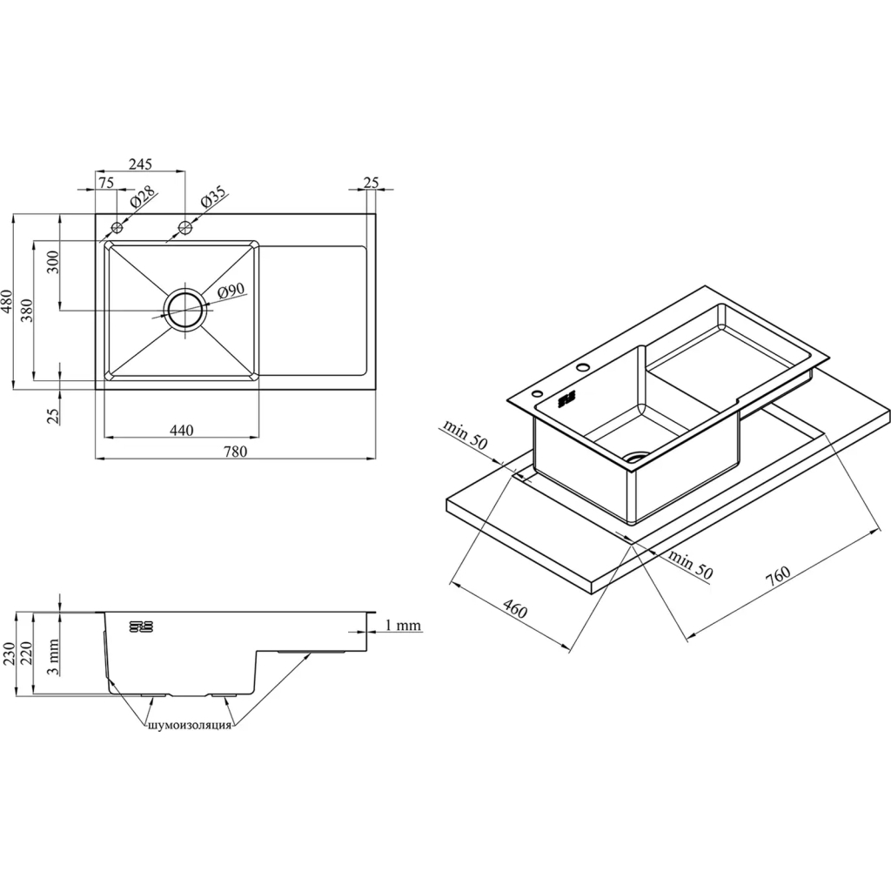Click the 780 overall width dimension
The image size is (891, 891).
(x=235, y=452)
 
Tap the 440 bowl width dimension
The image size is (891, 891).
(x=181, y=430)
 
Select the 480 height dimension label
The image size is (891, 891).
(x=7, y=302)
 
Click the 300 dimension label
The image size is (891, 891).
(x=53, y=262)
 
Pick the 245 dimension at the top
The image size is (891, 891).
(x=140, y=164)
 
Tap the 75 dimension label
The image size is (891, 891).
(x=106, y=183)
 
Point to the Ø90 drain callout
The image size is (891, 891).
(x=231, y=291)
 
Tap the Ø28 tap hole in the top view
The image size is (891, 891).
(x=117, y=228)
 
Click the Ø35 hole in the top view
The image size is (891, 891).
(x=184, y=228)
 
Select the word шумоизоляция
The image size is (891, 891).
(x=189, y=725)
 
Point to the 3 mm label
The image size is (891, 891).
(x=53, y=656)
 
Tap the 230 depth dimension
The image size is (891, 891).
(x=8, y=654)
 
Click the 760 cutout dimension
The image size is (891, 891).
(x=778, y=576)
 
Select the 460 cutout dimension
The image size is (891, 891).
(x=515, y=610)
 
